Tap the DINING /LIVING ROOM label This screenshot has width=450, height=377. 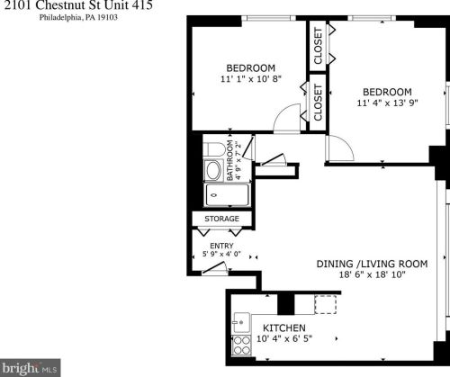tap(370, 264)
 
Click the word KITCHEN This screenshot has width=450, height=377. tap(283, 327)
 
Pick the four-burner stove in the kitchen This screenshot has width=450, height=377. tap(240, 343)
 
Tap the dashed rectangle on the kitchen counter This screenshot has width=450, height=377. tap(325, 305)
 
